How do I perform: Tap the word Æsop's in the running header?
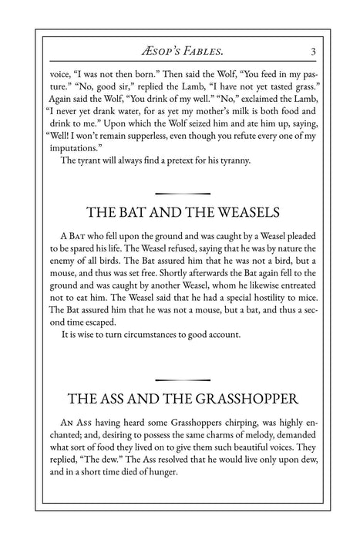[156, 52]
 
